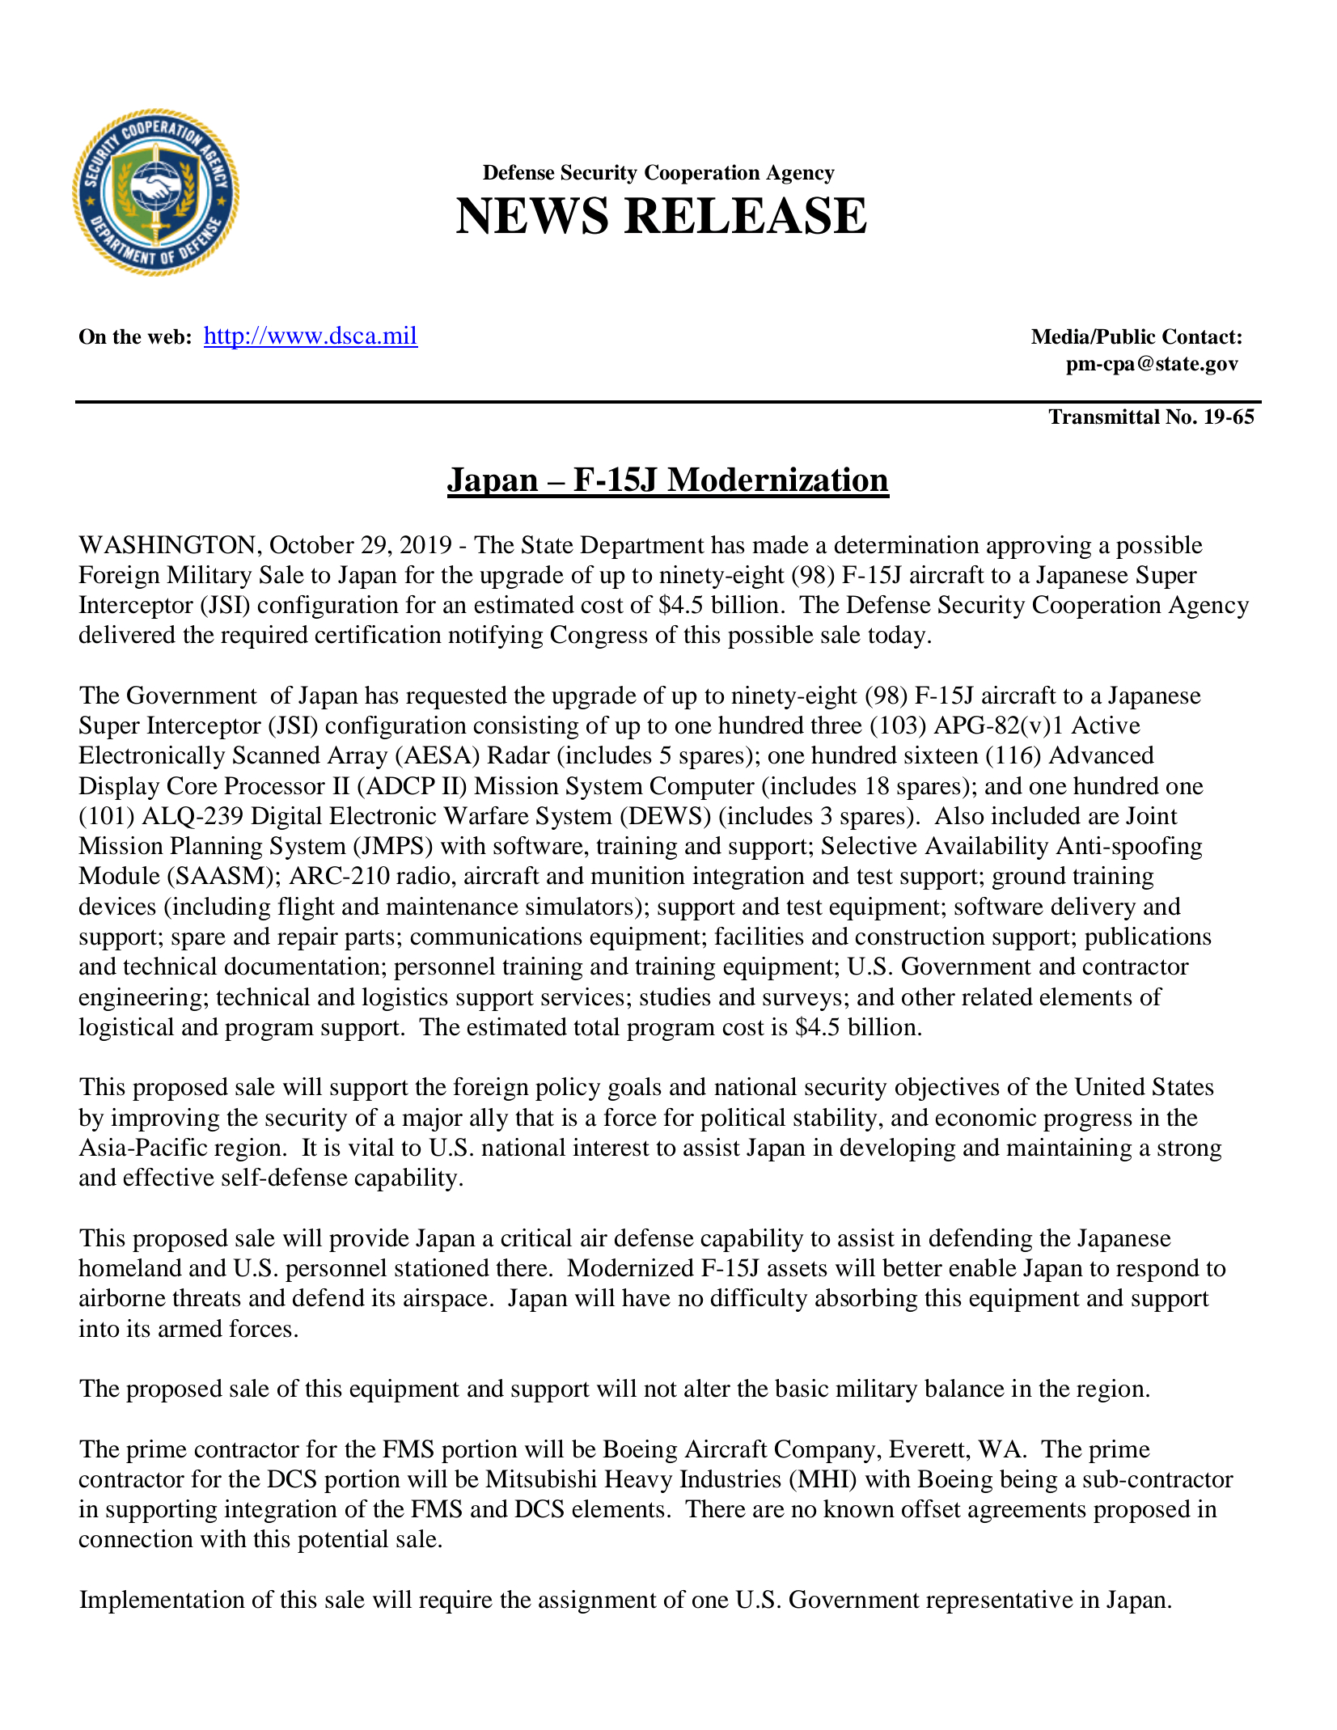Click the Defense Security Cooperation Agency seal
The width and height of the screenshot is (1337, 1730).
[x=155, y=192]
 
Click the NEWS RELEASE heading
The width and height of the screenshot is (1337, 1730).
[x=661, y=217]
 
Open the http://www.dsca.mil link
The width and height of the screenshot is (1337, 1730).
[x=311, y=336]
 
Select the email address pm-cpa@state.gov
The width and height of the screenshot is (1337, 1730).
[x=1151, y=364]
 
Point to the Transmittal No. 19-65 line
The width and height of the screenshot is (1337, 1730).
[x=1150, y=417]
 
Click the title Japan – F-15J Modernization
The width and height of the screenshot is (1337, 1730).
[x=667, y=480]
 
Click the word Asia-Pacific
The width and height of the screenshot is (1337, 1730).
[x=142, y=1148]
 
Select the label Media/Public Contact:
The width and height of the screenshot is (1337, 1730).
[x=1136, y=337]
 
